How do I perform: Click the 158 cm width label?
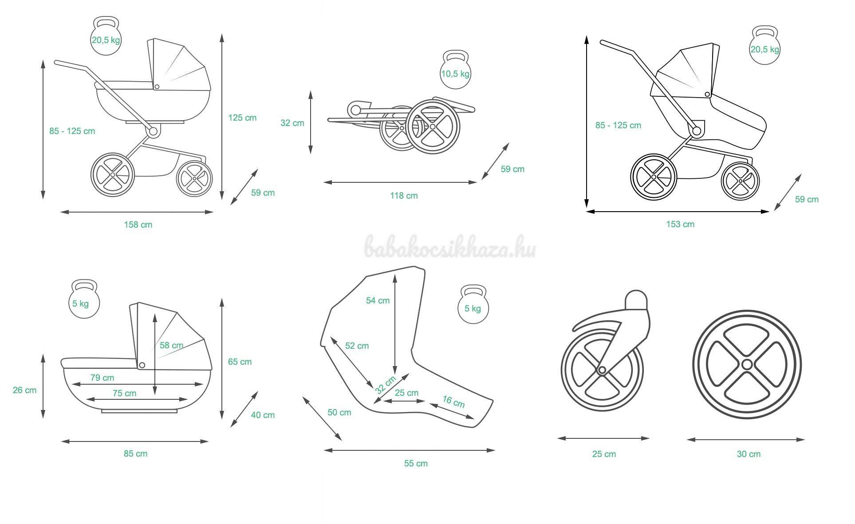coord(138,225)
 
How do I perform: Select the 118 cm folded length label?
coord(404,196)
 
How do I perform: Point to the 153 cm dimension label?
coord(680,225)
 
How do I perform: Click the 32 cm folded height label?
coord(292,123)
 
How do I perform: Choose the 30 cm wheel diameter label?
coord(749,454)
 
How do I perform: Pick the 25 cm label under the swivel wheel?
coord(604,454)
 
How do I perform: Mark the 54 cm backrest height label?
coord(378,301)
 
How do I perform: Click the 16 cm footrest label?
coord(453,402)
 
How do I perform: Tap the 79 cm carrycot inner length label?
coord(102,378)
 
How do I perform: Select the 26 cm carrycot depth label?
coord(25,390)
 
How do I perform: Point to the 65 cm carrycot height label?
coord(240,362)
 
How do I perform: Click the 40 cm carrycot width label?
coord(263,415)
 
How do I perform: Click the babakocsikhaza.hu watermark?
coord(450,247)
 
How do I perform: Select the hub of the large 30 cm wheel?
coord(747,365)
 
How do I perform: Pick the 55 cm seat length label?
coord(416,464)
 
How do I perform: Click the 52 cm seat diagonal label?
coord(357,346)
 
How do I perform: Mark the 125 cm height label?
coord(242,118)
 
